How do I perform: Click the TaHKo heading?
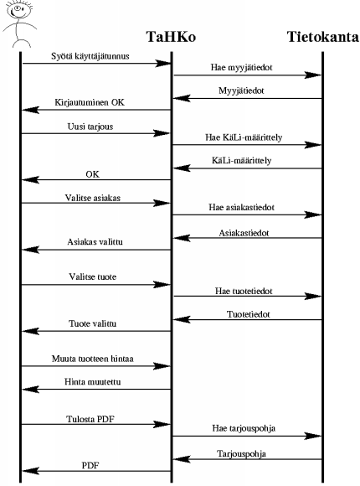coord(171,37)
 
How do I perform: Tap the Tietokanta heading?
coord(322,37)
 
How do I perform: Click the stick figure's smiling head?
coord(19,9)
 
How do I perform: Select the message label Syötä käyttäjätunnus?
coord(90,56)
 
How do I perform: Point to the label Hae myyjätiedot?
coord(242,67)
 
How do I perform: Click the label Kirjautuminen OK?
coord(90,102)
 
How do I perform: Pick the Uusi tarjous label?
coord(90,127)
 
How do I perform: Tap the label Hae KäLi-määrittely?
coord(244,137)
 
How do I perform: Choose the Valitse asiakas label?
coord(93,198)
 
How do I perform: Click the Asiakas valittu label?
coord(95,242)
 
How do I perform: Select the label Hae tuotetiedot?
coord(244,291)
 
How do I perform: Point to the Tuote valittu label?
coord(92,323)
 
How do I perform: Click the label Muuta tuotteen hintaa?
coord(93,359)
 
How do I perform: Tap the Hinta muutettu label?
coord(93,381)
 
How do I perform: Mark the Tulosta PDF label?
coord(90,419)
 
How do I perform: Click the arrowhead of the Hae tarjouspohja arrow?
coord(312,436)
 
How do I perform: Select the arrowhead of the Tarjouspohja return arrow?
coord(182,459)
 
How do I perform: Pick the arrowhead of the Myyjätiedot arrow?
coord(182,98)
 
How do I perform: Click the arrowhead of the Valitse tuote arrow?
coord(162,285)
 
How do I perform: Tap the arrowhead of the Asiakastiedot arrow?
coord(182,238)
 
